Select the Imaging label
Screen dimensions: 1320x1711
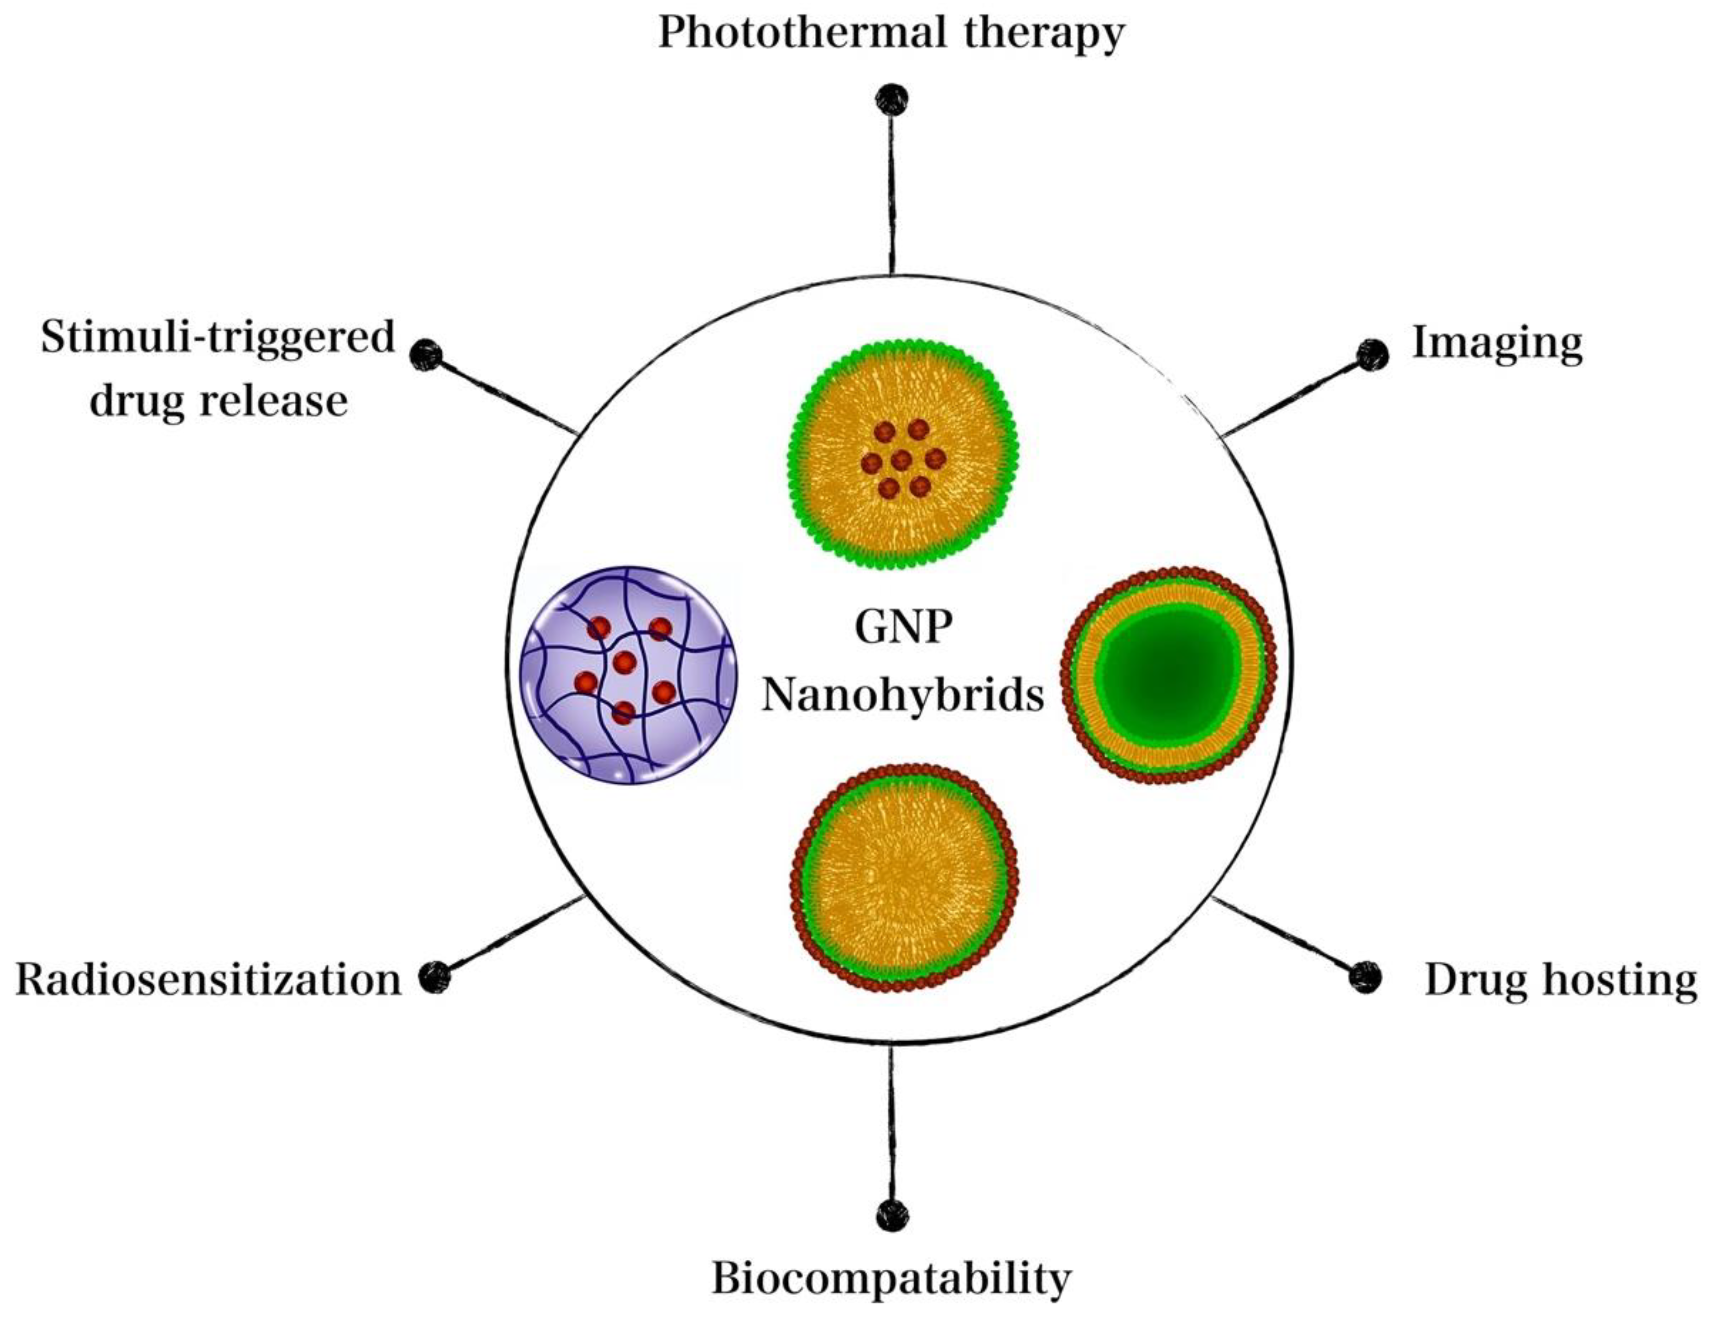tap(1496, 343)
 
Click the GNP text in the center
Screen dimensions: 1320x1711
tap(903, 627)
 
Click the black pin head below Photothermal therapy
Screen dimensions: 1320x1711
tap(891, 99)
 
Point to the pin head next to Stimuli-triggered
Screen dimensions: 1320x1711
tap(426, 355)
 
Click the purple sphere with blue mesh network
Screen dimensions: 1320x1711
tap(629, 675)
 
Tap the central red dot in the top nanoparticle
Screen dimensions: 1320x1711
tap(902, 460)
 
